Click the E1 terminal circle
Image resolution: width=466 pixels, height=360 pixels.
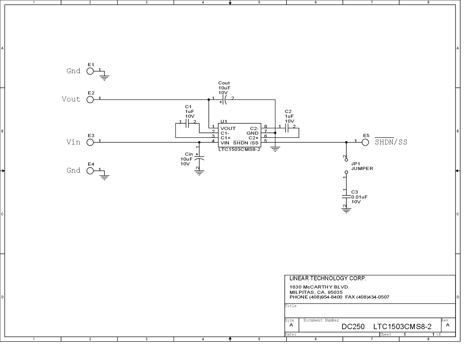(90, 71)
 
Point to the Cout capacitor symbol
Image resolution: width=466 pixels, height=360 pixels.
(224, 100)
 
